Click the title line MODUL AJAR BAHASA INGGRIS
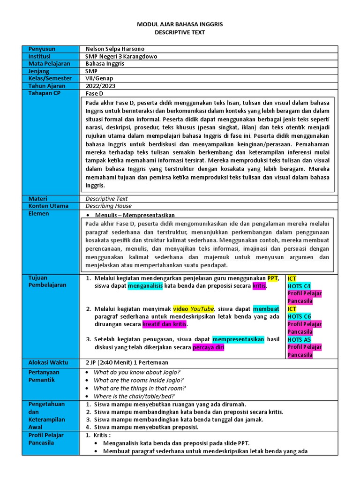(180, 24)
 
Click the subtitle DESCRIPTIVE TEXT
(180, 32)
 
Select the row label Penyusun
(42, 49)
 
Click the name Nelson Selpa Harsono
(115, 49)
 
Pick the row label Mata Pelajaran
(49, 64)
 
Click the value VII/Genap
(99, 79)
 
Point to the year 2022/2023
(100, 86)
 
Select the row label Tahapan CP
(45, 94)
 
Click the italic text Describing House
(108, 206)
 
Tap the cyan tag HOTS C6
(299, 316)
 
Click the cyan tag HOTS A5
(299, 339)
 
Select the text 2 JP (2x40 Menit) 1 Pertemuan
(127, 362)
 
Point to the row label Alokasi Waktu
(48, 362)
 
